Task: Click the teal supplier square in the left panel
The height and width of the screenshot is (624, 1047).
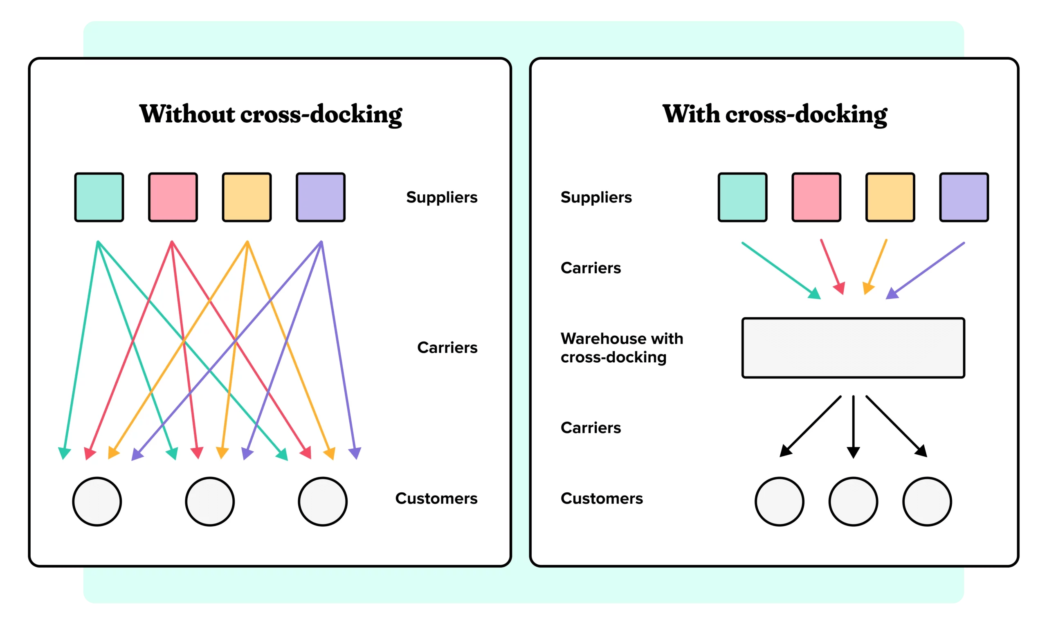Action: [x=99, y=197]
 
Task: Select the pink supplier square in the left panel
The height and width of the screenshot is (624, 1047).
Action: [x=173, y=197]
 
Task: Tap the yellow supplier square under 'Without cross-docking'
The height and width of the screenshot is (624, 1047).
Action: [x=247, y=197]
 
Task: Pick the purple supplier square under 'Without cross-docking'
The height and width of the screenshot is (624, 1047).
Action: [x=320, y=197]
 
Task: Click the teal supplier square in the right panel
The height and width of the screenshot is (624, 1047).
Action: [x=743, y=197]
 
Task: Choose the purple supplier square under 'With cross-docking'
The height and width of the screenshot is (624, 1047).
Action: [x=964, y=197]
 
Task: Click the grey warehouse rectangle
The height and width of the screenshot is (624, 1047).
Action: [x=853, y=348]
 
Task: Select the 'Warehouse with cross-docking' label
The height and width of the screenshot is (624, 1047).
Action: [x=622, y=348]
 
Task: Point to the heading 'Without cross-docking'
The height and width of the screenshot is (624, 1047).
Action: [x=270, y=114]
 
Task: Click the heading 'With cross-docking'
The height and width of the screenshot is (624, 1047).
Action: [x=775, y=114]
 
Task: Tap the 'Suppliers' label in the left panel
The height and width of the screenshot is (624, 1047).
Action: [x=442, y=197]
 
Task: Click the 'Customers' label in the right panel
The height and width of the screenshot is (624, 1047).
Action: [x=601, y=498]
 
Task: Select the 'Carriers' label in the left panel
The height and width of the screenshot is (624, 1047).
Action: [x=447, y=347]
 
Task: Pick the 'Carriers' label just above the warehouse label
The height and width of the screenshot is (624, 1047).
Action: [x=590, y=268]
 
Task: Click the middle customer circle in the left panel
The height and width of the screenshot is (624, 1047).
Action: [x=210, y=501]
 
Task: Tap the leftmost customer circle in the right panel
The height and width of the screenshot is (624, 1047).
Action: [x=779, y=501]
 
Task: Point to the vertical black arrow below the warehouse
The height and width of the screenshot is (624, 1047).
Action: [x=853, y=425]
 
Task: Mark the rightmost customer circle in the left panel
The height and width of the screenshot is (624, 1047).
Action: [x=323, y=501]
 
